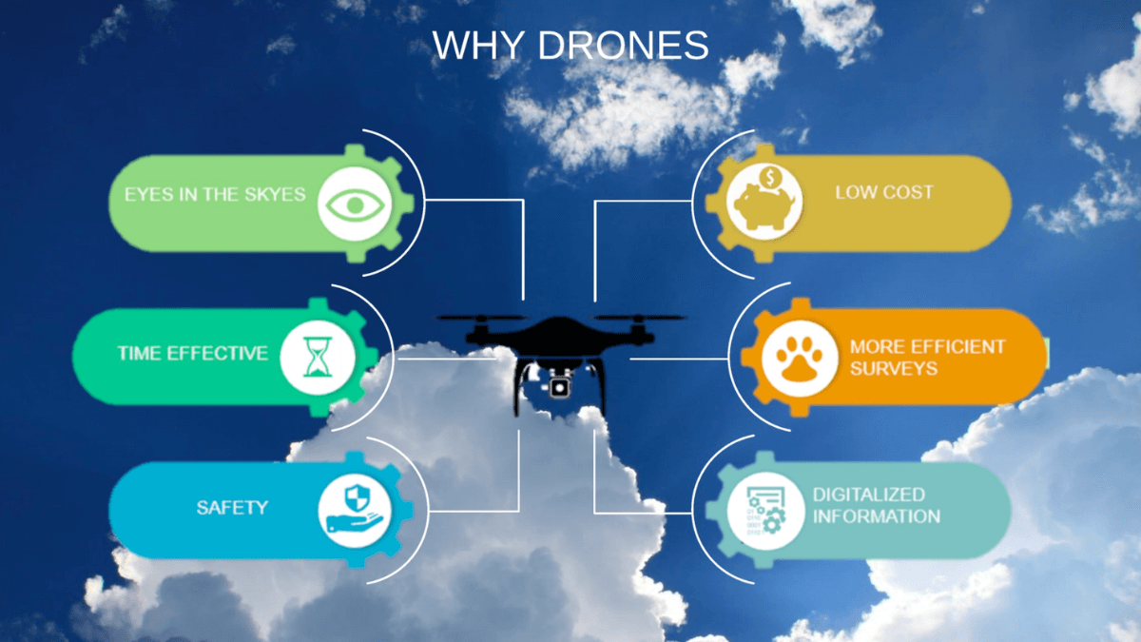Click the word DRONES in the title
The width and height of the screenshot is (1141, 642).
coord(624,45)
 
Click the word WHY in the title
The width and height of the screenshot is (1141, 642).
coord(478,45)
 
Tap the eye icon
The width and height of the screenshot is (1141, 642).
coord(355,204)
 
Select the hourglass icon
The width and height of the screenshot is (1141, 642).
coord(318,357)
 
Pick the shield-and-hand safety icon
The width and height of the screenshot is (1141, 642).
coord(355,511)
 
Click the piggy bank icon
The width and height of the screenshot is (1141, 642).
coord(764,202)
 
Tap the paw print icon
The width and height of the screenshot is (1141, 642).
coord(800,359)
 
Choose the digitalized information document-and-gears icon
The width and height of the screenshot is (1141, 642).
coord(765,511)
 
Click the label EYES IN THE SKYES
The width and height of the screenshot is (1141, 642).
coord(215,194)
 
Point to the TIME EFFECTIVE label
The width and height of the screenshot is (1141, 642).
coord(192,353)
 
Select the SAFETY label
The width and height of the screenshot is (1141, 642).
coord(232,508)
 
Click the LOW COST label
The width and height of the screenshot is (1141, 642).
coord(884,192)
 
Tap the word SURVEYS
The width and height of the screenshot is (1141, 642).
coord(894,368)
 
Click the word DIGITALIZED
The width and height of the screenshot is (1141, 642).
coord(869,495)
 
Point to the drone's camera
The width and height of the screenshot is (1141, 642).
coord(559,388)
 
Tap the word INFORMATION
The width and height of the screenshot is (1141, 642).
coord(877,516)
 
